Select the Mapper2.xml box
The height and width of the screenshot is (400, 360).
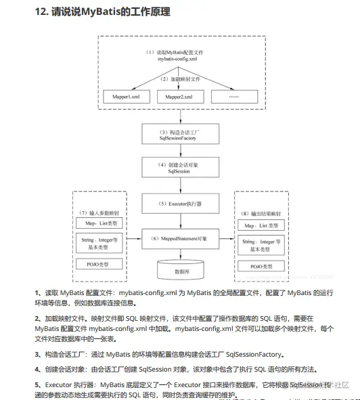point(179,97)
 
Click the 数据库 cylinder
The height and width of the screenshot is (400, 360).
point(181,271)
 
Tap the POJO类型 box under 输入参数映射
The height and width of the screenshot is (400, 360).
point(97,263)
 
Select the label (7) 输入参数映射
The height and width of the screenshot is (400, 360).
point(98,213)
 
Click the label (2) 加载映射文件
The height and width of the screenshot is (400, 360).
point(179,79)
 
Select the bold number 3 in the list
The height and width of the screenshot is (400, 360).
point(37,354)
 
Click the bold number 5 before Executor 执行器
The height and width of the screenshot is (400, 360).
point(37,385)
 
